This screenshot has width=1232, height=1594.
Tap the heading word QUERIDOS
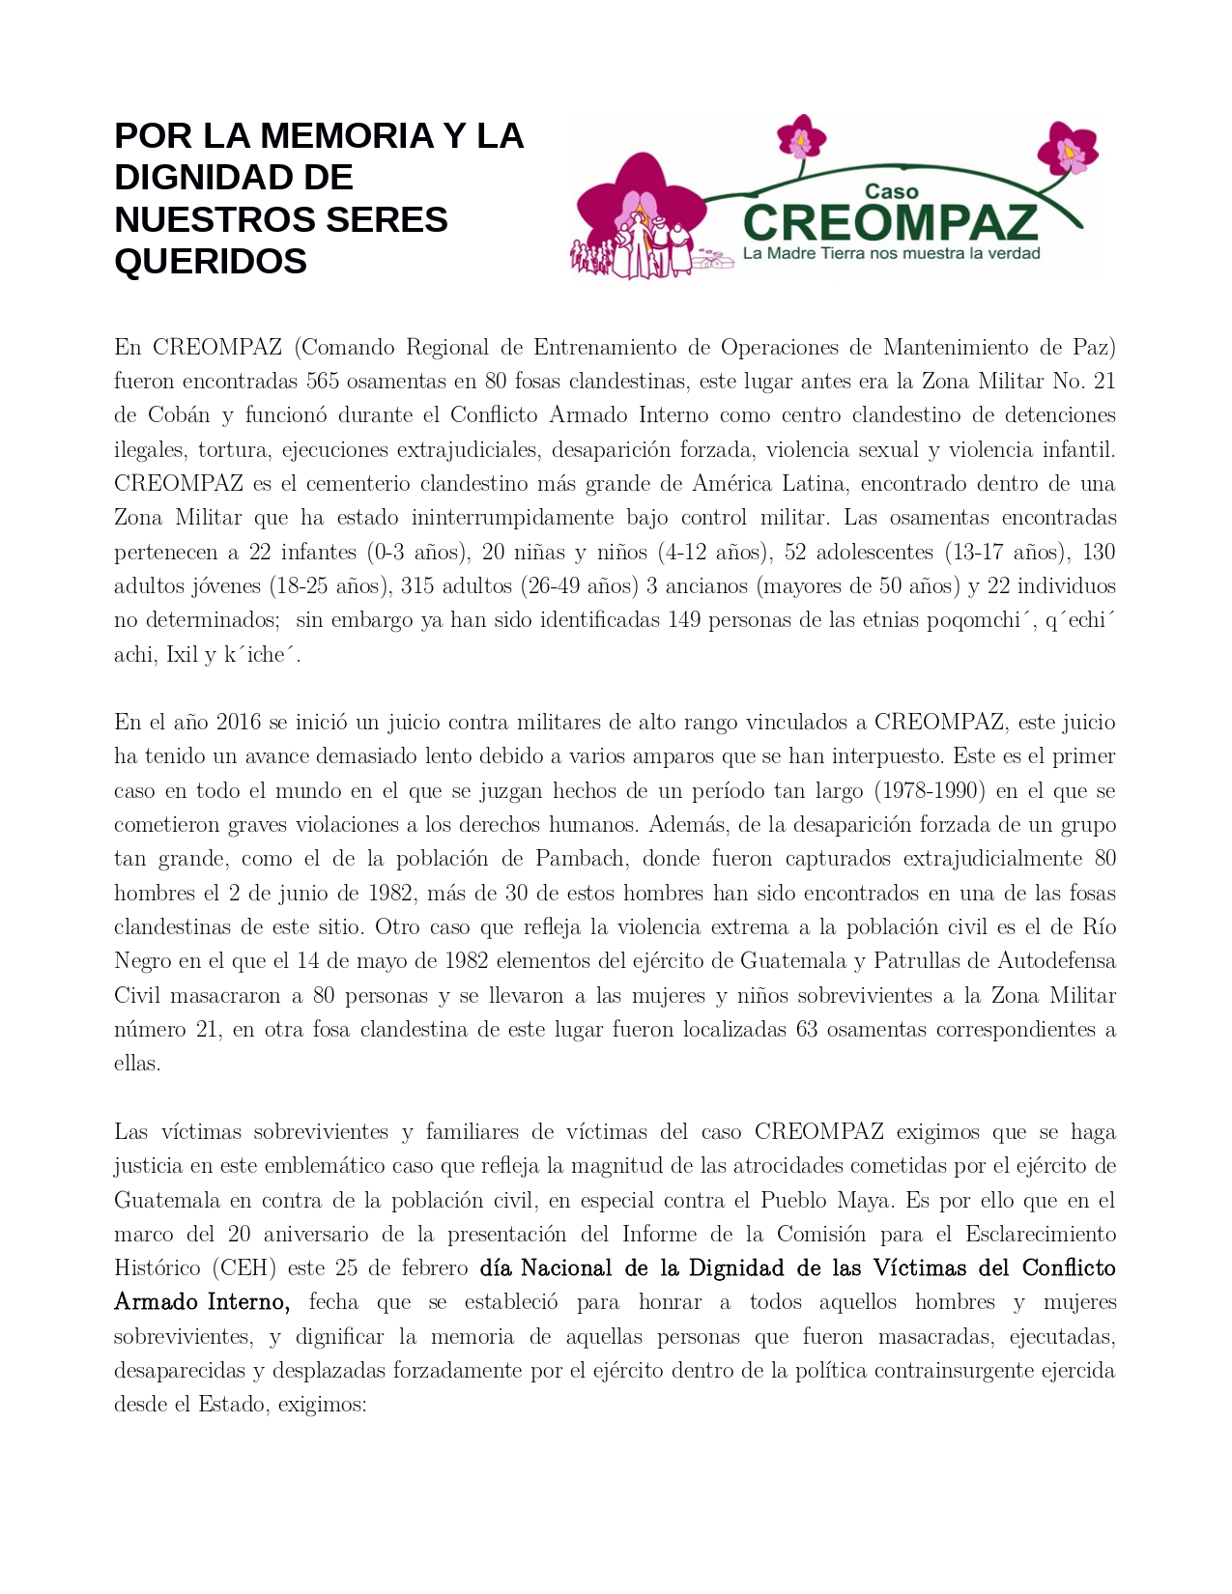(x=211, y=261)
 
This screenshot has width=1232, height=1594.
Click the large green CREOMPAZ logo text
(x=890, y=222)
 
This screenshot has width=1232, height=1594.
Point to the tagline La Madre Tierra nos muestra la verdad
(x=891, y=253)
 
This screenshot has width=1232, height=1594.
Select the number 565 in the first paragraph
(x=323, y=381)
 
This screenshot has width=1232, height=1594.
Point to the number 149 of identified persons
(x=684, y=620)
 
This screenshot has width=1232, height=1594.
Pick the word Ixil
(x=182, y=654)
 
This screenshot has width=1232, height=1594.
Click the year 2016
(x=238, y=723)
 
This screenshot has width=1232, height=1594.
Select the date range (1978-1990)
(x=930, y=790)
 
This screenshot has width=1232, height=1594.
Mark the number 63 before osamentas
(x=807, y=1029)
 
